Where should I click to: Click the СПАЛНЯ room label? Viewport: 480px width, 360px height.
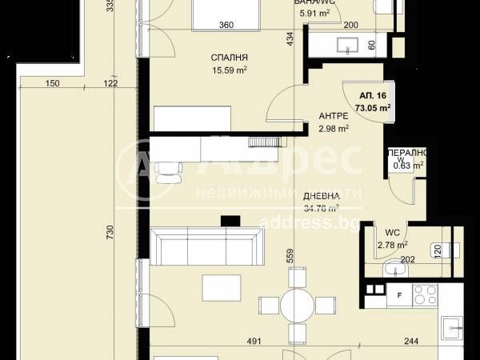tap(229, 58)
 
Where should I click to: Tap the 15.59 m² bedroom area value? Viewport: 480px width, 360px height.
tap(229, 70)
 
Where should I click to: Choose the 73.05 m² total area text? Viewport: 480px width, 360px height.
tap(373, 107)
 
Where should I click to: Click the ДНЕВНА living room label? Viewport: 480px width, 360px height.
tap(321, 196)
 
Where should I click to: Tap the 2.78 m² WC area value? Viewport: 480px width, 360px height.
tap(393, 245)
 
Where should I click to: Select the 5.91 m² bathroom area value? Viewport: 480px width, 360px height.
tap(314, 14)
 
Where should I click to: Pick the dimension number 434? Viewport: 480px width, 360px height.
tap(290, 38)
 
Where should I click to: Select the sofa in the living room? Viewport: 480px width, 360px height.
tap(206, 246)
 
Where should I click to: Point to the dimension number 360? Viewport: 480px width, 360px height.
tap(226, 25)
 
